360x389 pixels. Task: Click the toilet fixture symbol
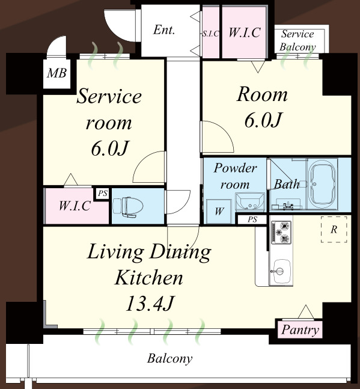(x=128, y=207)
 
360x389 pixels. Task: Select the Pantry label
(x=300, y=330)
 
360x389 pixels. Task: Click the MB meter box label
(x=56, y=73)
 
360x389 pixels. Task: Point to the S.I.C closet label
(x=210, y=34)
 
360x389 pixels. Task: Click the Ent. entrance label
(x=164, y=30)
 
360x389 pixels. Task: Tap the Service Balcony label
(x=297, y=40)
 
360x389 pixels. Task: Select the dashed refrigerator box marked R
(x=334, y=229)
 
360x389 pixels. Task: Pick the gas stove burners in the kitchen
(x=281, y=233)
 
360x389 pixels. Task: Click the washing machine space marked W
(x=219, y=212)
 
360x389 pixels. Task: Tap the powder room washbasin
(x=250, y=201)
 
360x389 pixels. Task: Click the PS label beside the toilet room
(x=103, y=193)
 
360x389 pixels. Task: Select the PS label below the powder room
(x=252, y=219)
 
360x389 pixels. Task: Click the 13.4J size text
(x=150, y=304)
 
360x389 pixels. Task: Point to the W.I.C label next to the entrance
(x=244, y=32)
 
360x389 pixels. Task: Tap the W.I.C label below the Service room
(x=75, y=206)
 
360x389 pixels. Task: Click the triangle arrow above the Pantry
(x=306, y=312)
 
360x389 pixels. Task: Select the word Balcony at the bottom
(x=169, y=359)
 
